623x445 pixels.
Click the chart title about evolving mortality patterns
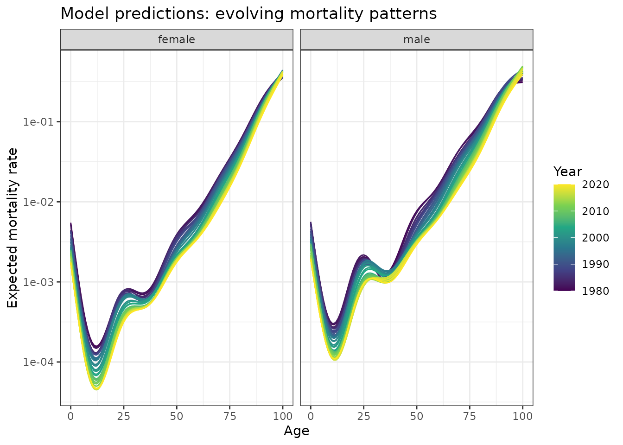coord(248,14)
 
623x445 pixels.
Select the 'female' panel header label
coord(177,40)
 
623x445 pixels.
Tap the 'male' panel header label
coord(416,40)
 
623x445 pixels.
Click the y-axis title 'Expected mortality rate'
coord(13,228)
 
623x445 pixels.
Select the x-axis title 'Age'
coord(296,431)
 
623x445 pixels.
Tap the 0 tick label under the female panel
coord(70,416)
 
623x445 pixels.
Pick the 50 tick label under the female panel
coord(177,416)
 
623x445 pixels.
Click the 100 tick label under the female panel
coord(282,416)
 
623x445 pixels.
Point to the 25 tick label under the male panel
coord(364,416)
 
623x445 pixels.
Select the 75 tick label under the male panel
coord(470,416)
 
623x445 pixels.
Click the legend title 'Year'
coord(567,172)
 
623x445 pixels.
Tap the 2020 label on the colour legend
coord(596,185)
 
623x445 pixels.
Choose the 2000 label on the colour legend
coord(596,238)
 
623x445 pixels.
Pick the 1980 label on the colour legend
coord(596,291)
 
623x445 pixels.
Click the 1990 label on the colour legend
coord(596,265)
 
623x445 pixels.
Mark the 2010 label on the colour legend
coord(596,211)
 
